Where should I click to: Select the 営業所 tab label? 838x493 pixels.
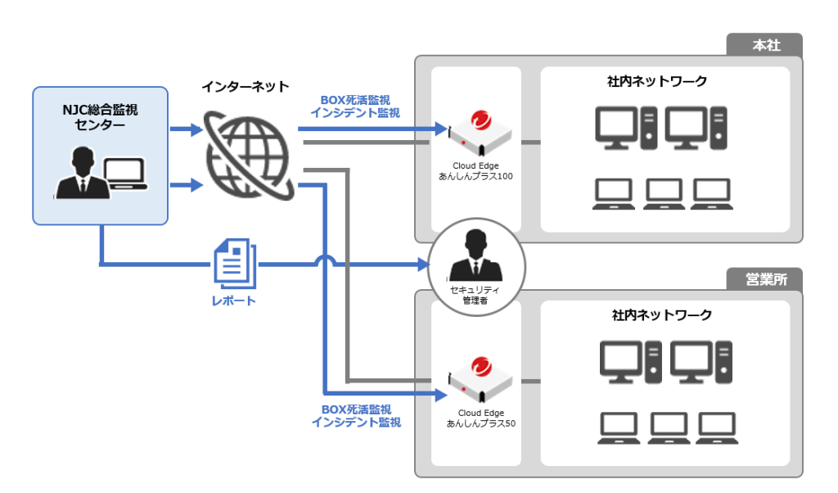[766, 279]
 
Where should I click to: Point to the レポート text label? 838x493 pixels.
[234, 301]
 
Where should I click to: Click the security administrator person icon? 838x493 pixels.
[475, 254]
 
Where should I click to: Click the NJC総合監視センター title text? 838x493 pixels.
[100, 117]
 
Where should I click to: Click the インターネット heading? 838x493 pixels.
[246, 86]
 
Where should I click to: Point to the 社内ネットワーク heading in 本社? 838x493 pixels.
[657, 81]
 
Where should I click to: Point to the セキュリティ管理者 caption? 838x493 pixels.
[475, 296]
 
